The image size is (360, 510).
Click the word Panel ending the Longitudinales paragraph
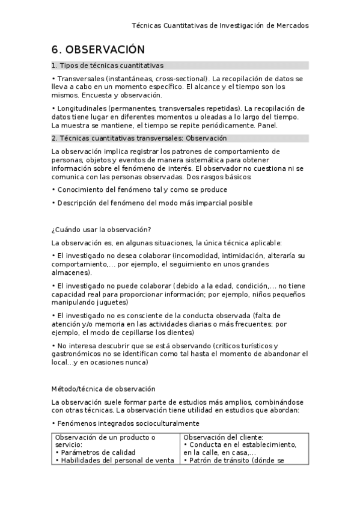click(267, 125)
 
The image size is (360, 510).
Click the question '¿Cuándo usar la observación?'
click(101, 230)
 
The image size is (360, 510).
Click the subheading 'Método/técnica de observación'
click(103, 389)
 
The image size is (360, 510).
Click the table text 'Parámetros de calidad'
click(97, 452)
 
